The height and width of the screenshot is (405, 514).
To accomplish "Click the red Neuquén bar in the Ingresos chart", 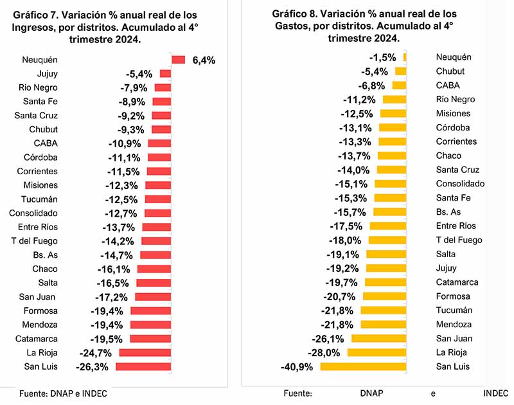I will point(178,60).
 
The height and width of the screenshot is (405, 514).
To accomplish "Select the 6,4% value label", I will point(204,60).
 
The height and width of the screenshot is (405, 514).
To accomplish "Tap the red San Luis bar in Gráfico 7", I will point(143,367).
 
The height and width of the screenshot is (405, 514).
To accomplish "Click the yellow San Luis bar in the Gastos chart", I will point(363,367).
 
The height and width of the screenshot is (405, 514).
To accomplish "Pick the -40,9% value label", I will point(297,367).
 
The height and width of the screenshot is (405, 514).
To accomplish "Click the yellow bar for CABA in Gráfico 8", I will point(399,85).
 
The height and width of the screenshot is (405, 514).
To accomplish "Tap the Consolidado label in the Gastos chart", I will point(460,184).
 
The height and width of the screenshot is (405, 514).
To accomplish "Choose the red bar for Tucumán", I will point(157,199).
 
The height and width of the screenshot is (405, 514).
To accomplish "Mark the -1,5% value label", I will point(382,57).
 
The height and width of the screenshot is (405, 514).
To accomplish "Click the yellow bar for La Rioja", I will point(377,353).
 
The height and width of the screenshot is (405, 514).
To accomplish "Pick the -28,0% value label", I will point(324,353).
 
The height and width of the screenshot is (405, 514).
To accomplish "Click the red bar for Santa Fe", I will point(161,102).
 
